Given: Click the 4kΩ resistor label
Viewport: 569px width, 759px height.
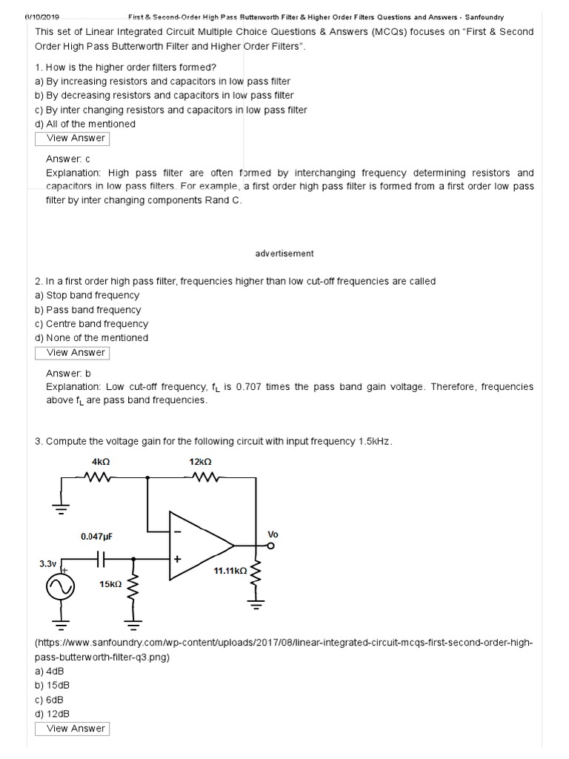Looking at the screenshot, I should point(100,461).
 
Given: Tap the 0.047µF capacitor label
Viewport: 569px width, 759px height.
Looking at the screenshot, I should point(97,536).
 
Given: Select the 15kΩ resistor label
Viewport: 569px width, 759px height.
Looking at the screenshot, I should point(110,584).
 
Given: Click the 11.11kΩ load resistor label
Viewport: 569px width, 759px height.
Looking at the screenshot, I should point(230,571).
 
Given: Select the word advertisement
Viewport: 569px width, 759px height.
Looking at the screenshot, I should point(284,253).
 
